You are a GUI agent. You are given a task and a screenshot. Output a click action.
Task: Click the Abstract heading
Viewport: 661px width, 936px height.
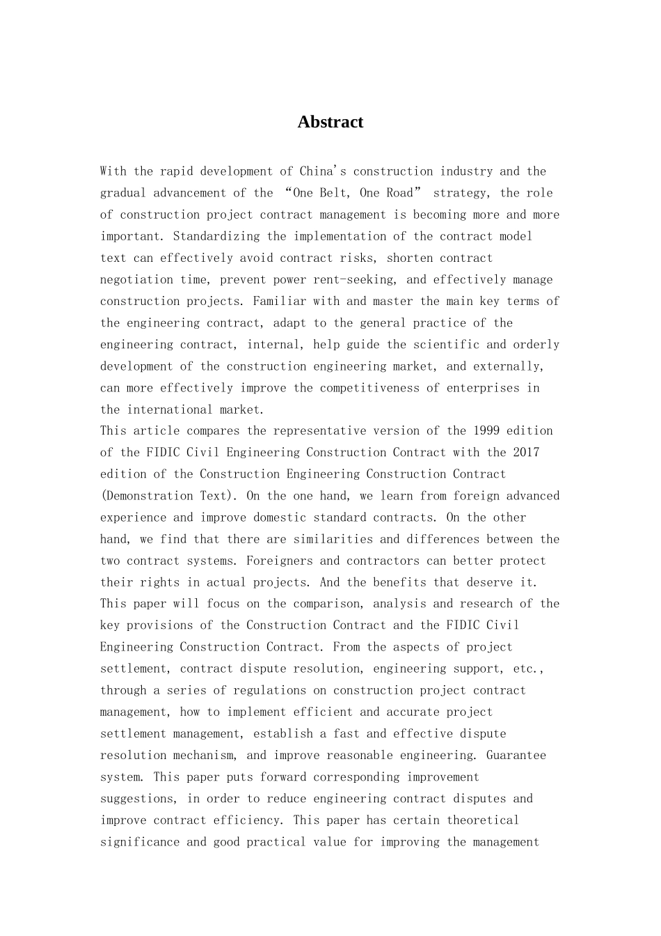330,122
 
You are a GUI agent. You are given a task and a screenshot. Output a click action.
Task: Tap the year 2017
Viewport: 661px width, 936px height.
526,452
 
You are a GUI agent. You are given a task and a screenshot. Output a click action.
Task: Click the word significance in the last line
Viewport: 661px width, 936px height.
140,842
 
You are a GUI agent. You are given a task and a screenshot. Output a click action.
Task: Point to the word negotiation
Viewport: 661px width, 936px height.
136,279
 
